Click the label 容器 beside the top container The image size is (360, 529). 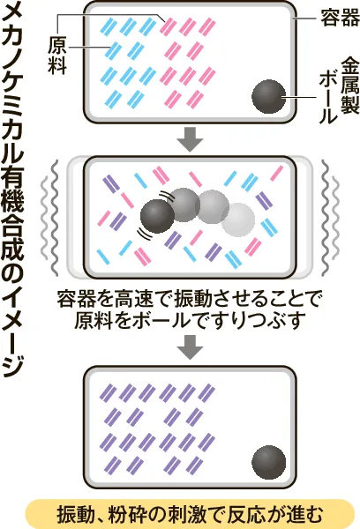(340, 18)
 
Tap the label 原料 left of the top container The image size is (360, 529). (57, 55)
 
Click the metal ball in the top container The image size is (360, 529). (269, 96)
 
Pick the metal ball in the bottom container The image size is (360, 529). (269, 462)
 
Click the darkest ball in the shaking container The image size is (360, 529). (157, 216)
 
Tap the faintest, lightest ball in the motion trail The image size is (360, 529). (237, 220)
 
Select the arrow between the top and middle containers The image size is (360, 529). (190, 139)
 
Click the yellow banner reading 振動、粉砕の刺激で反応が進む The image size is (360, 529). (190, 514)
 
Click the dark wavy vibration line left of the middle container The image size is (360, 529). (55, 218)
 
